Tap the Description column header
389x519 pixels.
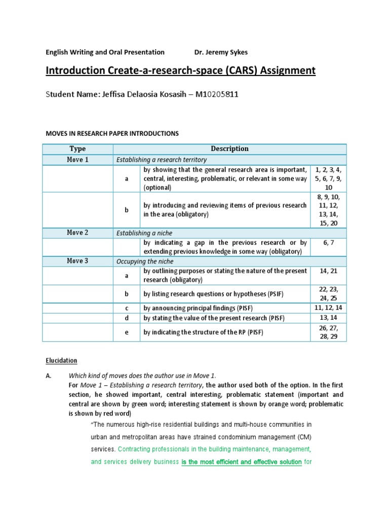click(x=230, y=149)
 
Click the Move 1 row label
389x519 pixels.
click(x=77, y=160)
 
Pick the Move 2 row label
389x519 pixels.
click(x=77, y=233)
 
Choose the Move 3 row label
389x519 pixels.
click(x=77, y=261)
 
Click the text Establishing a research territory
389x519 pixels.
click(x=162, y=160)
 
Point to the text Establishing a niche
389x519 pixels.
click(x=144, y=233)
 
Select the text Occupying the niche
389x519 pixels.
click(x=145, y=262)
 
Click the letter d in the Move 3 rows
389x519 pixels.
click(x=127, y=318)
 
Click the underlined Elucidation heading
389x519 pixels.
click(x=62, y=361)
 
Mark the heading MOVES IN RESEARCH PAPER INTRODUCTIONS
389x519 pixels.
click(x=112, y=134)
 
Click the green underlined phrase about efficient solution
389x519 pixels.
click(x=242, y=462)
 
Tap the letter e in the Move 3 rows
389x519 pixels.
click(x=127, y=332)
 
